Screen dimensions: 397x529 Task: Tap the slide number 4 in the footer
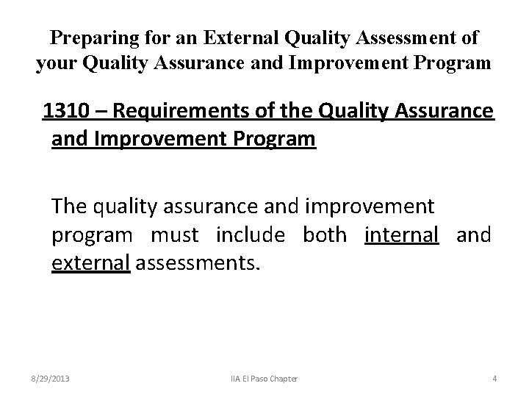(x=494, y=379)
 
